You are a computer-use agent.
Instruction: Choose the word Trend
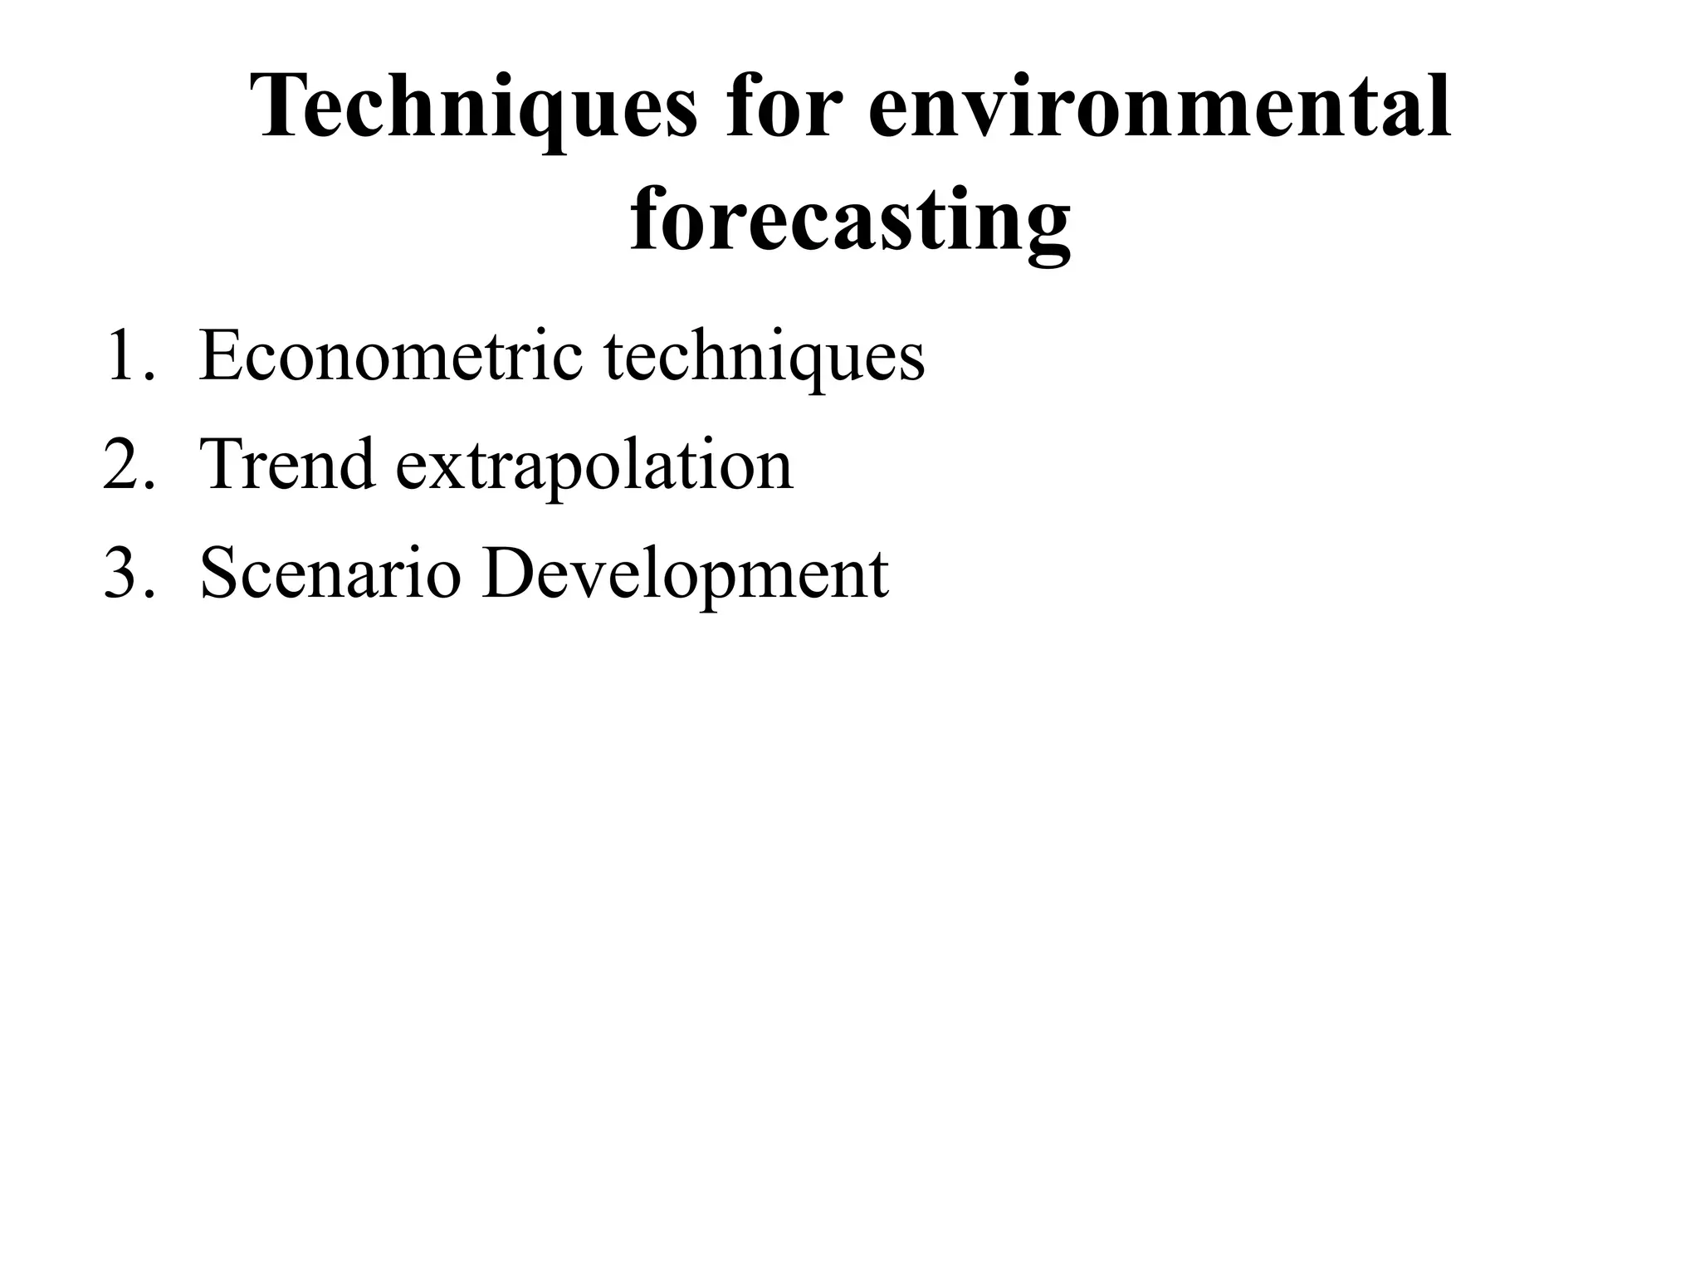287,465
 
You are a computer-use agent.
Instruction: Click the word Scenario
330,574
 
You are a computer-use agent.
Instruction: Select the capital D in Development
506,574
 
